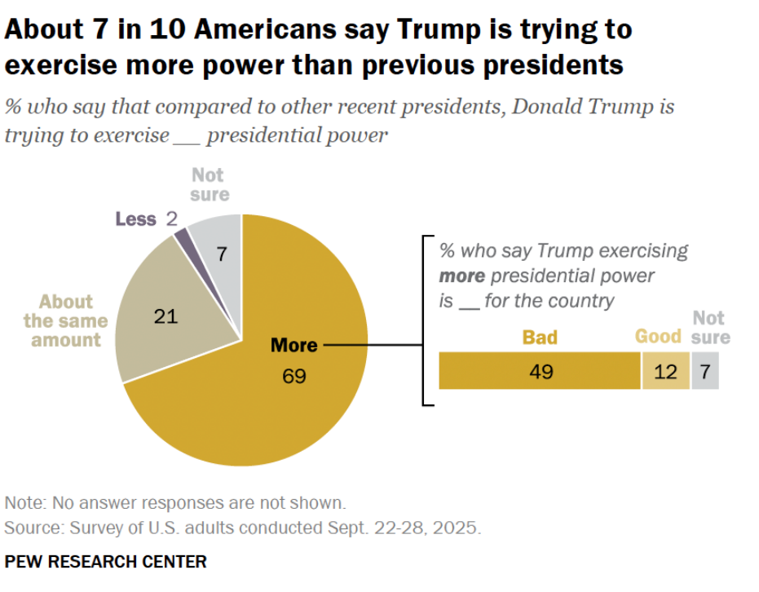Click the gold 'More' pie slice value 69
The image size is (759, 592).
pyautogui.click(x=294, y=377)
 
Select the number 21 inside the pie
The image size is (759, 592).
pyautogui.click(x=165, y=316)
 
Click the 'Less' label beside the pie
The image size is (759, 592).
pyautogui.click(x=135, y=219)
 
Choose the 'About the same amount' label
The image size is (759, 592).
pyautogui.click(x=65, y=320)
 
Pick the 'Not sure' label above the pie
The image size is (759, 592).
pyautogui.click(x=210, y=184)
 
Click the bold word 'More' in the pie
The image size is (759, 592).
pyautogui.click(x=294, y=345)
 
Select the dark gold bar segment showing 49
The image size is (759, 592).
pyautogui.click(x=540, y=372)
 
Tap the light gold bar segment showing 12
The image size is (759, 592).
pyautogui.click(x=665, y=372)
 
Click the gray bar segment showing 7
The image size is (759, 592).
pyautogui.click(x=705, y=372)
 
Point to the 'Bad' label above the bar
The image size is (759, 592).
pyautogui.click(x=540, y=336)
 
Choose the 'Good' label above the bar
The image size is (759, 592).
pyautogui.click(x=658, y=336)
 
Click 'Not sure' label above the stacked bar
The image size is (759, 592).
pyautogui.click(x=711, y=327)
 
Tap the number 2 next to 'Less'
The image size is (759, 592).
pyautogui.click(x=171, y=219)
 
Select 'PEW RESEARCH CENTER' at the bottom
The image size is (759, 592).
pyautogui.click(x=105, y=562)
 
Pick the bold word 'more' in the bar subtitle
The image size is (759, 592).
pyautogui.click(x=462, y=276)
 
